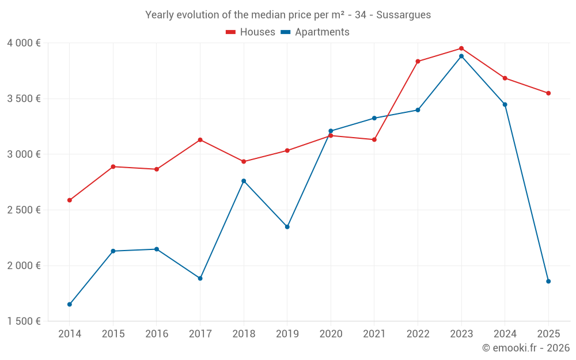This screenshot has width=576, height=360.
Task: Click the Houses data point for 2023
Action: point(461,48)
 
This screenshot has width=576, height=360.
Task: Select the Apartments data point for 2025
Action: point(548,281)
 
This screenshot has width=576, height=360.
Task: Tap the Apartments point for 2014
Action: point(70,304)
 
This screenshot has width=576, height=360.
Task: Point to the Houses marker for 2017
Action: point(200,140)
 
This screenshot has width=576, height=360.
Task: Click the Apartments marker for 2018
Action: point(244,181)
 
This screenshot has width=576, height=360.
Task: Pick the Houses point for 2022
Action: point(418,61)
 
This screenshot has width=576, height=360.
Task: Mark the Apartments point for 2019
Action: point(287,226)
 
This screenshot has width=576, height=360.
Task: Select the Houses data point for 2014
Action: point(70,200)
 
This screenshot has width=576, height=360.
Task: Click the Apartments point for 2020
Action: point(331,131)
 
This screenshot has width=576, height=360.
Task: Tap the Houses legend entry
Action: point(251,32)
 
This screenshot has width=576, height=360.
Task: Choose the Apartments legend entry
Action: point(315,32)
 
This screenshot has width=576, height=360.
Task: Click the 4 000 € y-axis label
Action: point(24,43)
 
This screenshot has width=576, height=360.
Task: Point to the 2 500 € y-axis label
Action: point(24,210)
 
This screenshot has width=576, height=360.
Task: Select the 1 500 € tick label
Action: point(24,321)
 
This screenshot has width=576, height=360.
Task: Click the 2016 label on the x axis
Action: point(157,334)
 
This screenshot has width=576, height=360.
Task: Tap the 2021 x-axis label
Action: point(374,334)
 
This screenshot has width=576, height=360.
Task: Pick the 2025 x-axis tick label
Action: point(548,334)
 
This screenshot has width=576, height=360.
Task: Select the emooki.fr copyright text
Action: point(526,348)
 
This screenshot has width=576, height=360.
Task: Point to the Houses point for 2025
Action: point(548,93)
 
